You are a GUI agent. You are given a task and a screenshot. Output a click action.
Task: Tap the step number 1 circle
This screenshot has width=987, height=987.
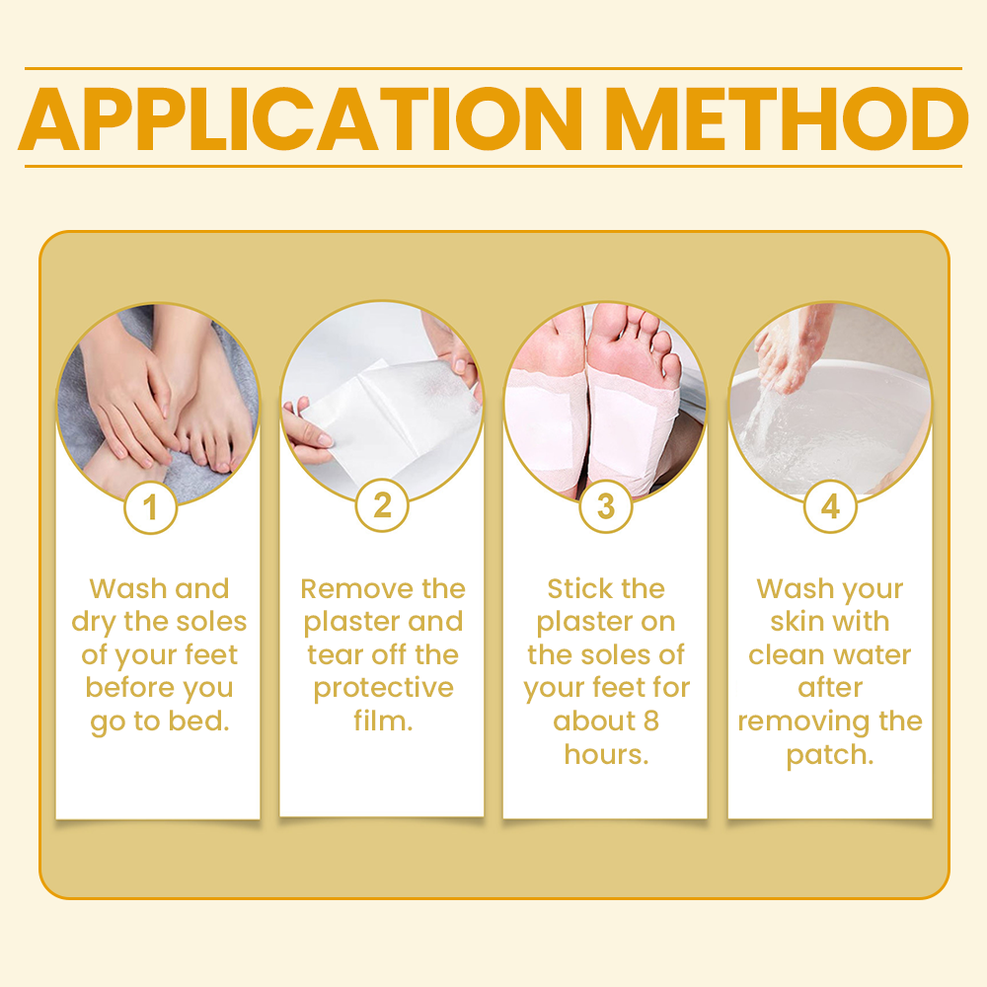pyautogui.click(x=150, y=508)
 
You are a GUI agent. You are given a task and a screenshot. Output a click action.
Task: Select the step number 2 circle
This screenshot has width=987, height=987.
pyautogui.click(x=382, y=506)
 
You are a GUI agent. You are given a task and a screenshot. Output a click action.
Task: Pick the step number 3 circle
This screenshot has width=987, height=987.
pyautogui.click(x=605, y=506)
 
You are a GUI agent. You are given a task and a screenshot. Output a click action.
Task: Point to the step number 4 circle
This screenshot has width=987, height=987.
pyautogui.click(x=830, y=507)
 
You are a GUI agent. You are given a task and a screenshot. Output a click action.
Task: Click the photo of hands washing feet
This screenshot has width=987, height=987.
pyautogui.click(x=158, y=400)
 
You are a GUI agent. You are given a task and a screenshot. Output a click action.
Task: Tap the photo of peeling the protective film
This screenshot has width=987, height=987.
pyautogui.click(x=382, y=400)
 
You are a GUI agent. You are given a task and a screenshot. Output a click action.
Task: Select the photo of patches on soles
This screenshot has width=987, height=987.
pyautogui.click(x=605, y=400)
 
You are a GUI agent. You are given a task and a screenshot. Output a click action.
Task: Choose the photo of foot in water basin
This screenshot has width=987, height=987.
pyautogui.click(x=830, y=400)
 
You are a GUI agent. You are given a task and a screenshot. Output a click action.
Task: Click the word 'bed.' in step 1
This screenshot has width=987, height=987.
pyautogui.click(x=201, y=721)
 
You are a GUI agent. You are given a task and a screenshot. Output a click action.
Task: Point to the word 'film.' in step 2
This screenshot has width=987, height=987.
pyautogui.click(x=382, y=721)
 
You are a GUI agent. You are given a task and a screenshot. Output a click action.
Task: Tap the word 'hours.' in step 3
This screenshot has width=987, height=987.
pyautogui.click(x=605, y=755)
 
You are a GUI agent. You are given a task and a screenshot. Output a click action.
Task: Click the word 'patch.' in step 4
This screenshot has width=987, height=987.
pyautogui.click(x=830, y=755)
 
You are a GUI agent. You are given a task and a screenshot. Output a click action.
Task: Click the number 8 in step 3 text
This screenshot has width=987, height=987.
pyautogui.click(x=649, y=721)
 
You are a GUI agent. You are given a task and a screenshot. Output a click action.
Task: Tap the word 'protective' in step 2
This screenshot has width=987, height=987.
pyautogui.click(x=382, y=689)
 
